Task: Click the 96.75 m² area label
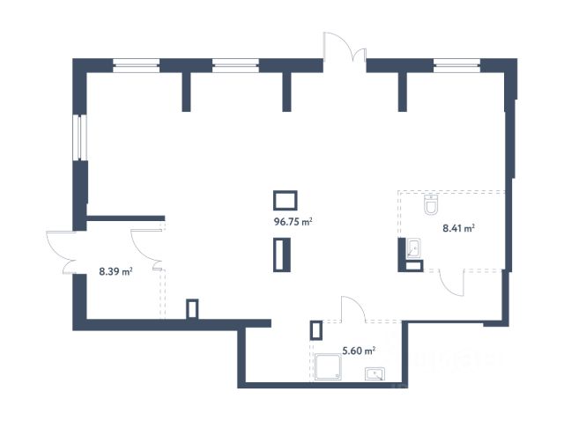[293, 222]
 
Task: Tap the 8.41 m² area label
[458, 228]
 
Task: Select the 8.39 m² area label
[115, 271]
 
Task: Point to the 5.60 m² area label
[359, 351]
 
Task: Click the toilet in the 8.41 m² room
[431, 204]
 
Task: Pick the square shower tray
[328, 366]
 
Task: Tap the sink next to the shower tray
[375, 374]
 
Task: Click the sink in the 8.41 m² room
[413, 248]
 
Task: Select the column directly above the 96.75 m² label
[286, 200]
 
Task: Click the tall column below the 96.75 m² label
[282, 255]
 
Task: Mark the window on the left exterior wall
[80, 137]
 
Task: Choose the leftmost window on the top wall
[137, 65]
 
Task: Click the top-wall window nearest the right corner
[456, 65]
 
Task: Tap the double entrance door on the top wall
[345, 47]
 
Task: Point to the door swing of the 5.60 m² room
[352, 308]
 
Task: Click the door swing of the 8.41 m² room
[452, 283]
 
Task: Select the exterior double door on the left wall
[62, 253]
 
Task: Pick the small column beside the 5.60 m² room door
[315, 330]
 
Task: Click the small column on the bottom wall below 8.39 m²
[192, 309]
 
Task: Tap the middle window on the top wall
[235, 65]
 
